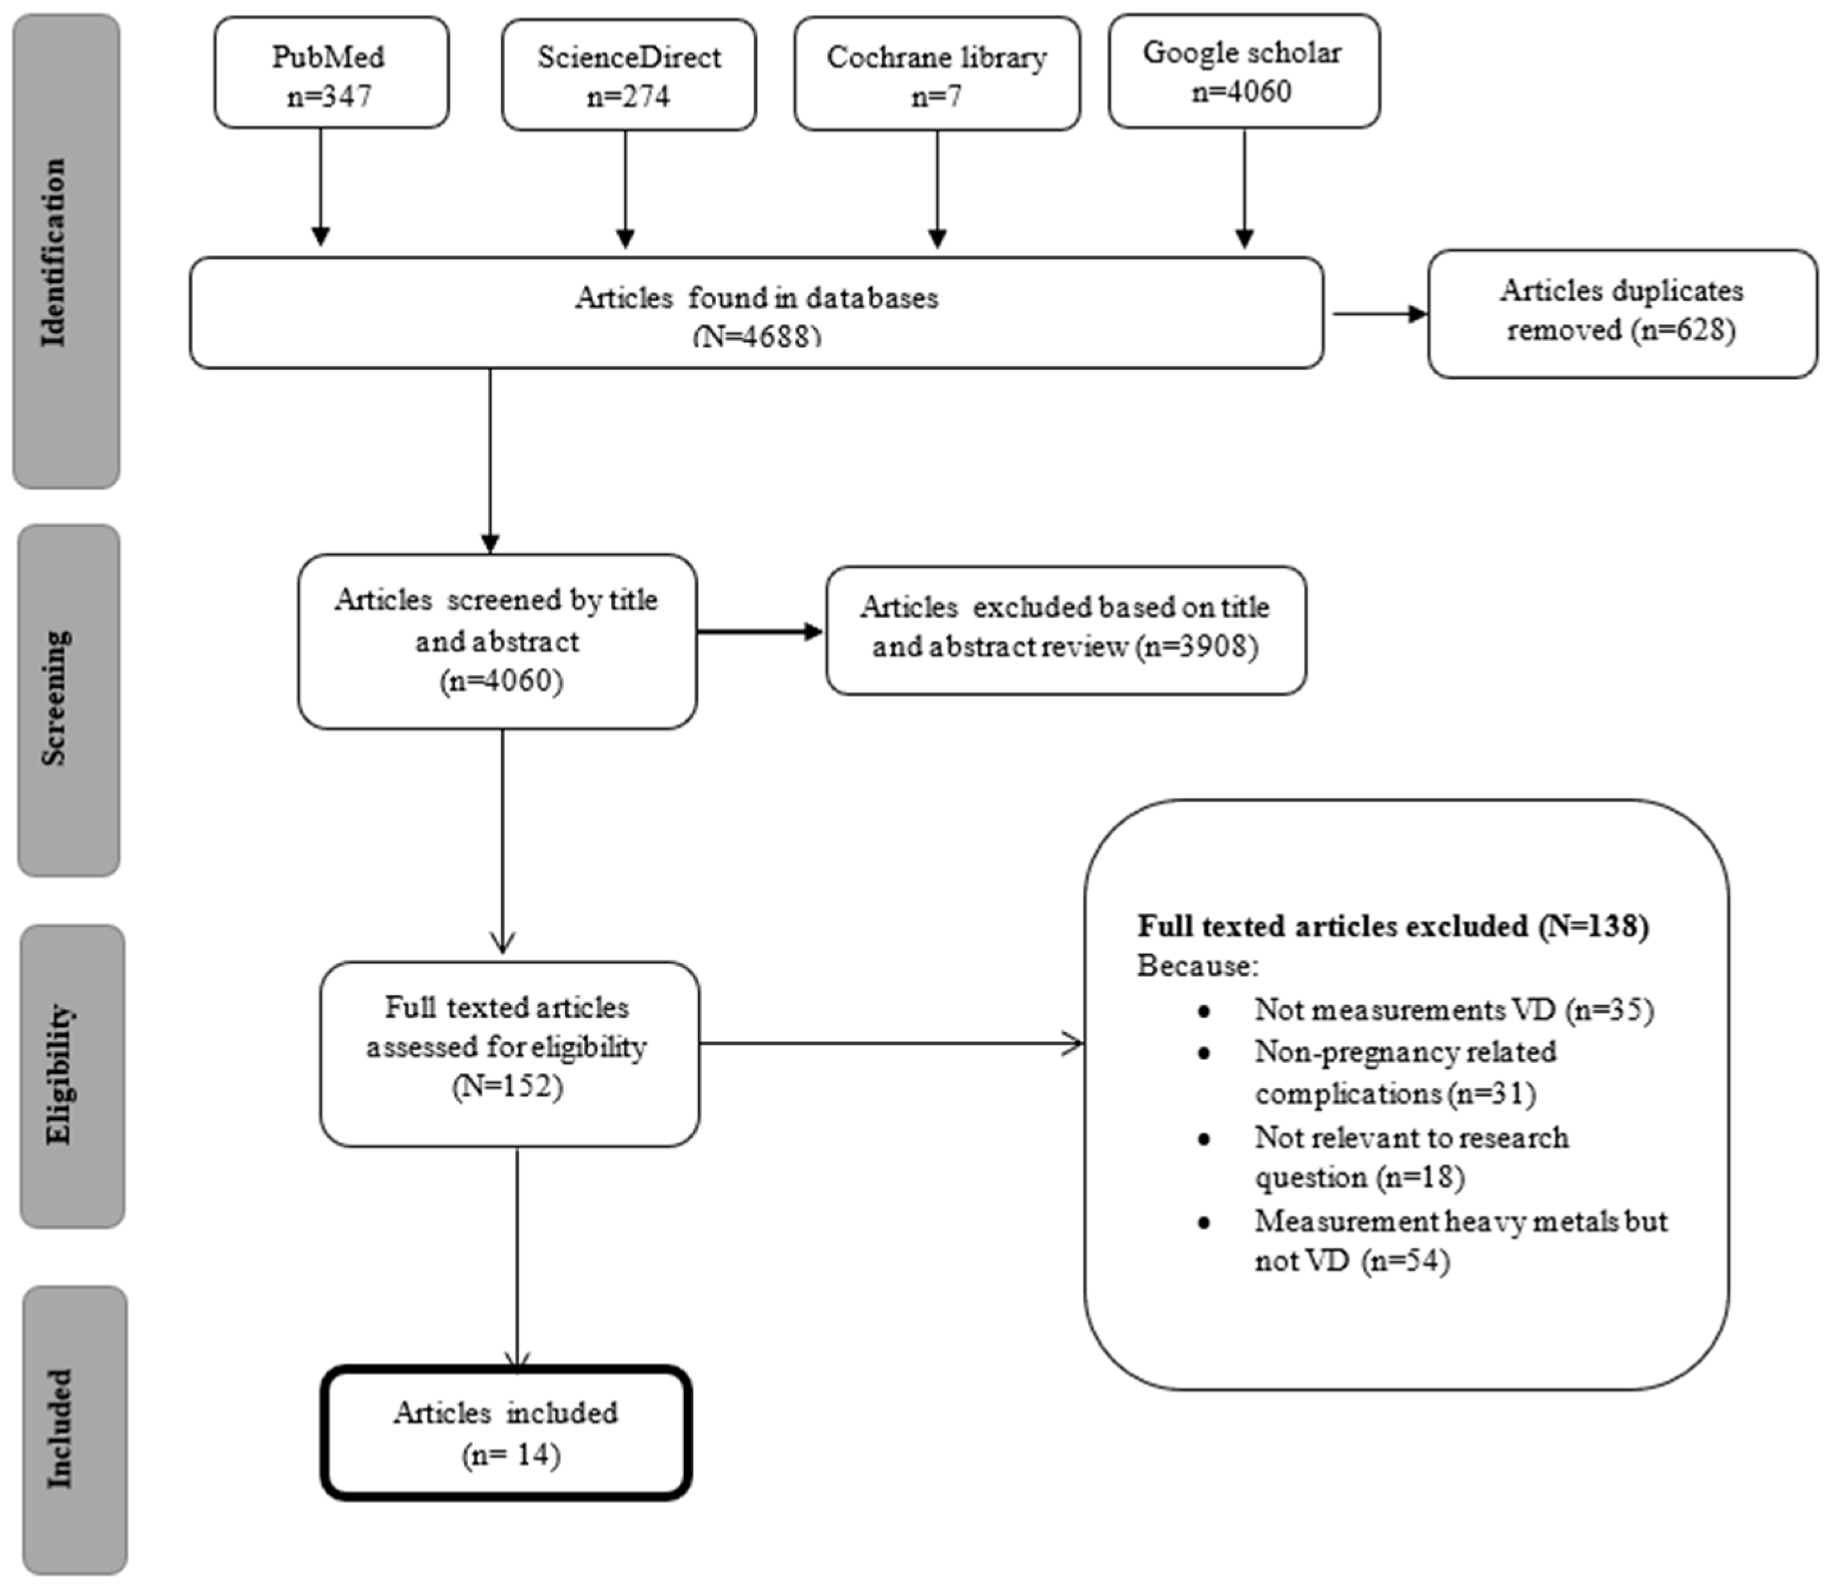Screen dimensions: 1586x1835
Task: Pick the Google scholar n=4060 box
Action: [1243, 71]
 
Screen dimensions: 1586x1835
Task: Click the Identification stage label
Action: [55, 252]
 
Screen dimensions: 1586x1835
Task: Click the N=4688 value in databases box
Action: [757, 337]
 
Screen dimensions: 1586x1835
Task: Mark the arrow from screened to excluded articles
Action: [760, 631]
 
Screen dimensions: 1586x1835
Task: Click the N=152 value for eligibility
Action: [507, 1086]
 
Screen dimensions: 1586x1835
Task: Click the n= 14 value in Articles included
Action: [511, 1455]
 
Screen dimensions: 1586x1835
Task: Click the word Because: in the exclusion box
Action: [1197, 966]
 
